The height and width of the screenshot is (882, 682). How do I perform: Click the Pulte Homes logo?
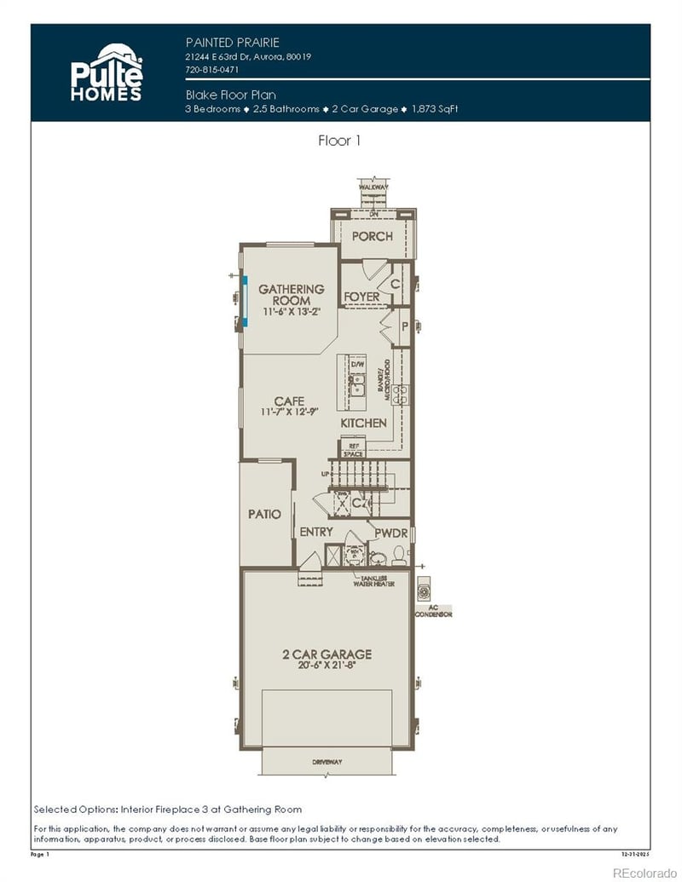pyautogui.click(x=107, y=72)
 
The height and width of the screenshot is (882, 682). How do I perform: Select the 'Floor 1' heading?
pyautogui.click(x=339, y=141)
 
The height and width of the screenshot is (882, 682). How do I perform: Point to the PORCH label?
pyautogui.click(x=373, y=236)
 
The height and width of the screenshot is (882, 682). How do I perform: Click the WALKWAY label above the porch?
pyautogui.click(x=373, y=185)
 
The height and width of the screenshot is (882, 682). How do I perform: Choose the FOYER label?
pyautogui.click(x=361, y=297)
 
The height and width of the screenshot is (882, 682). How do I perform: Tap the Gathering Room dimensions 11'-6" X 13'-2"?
pyautogui.click(x=292, y=312)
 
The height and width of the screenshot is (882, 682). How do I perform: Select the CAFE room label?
pyautogui.click(x=289, y=401)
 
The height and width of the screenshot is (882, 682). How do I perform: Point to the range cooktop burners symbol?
pyautogui.click(x=400, y=392)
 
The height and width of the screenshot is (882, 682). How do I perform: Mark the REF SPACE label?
pyautogui.click(x=353, y=450)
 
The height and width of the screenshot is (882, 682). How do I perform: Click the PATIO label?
pyautogui.click(x=264, y=514)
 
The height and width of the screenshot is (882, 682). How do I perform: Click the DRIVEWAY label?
pyautogui.click(x=327, y=761)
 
